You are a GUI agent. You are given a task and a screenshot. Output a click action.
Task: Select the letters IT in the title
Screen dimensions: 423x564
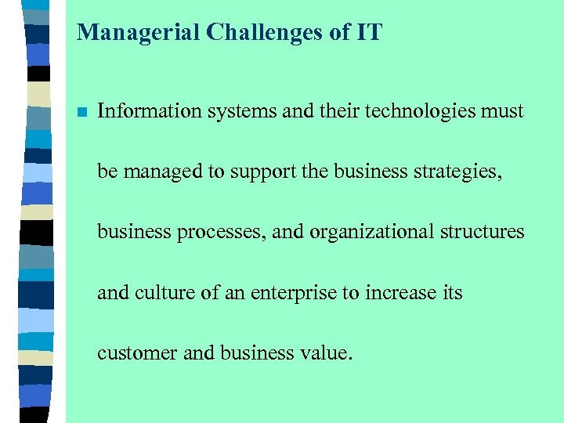(367, 32)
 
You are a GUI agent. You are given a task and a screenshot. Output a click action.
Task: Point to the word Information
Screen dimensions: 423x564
(150, 111)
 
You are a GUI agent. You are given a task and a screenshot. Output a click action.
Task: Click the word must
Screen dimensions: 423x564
(501, 111)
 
